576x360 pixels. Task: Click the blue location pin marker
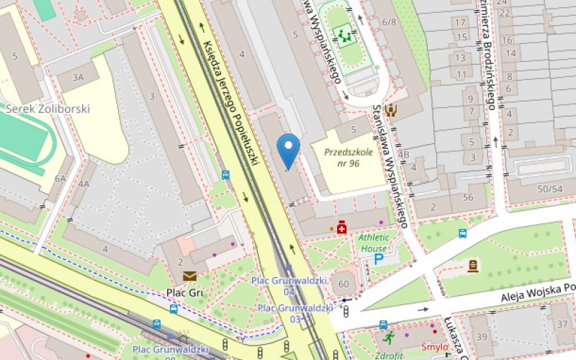(x=289, y=149)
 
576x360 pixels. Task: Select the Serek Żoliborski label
(x=47, y=109)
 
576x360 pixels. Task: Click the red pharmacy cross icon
(x=341, y=228)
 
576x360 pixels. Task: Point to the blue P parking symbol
(x=379, y=258)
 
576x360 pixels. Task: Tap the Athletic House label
(x=374, y=243)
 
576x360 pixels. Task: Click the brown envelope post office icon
(x=189, y=276)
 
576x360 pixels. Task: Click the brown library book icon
(x=472, y=266)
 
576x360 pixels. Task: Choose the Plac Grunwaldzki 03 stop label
(x=295, y=313)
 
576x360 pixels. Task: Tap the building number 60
(x=343, y=284)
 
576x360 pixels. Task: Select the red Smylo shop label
(x=434, y=347)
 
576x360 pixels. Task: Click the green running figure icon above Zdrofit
(x=389, y=336)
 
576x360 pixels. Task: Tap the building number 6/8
(x=390, y=22)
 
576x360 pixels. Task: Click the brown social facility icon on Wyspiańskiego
(x=391, y=110)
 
